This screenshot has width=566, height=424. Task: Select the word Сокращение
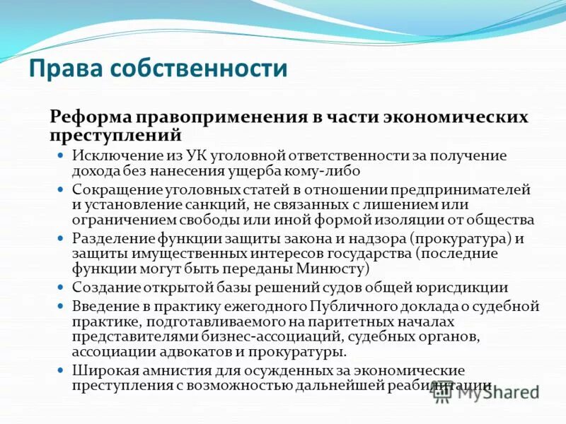[112, 189]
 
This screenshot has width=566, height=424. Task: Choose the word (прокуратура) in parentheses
[447, 239]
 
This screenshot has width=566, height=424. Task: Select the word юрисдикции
[470, 288]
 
